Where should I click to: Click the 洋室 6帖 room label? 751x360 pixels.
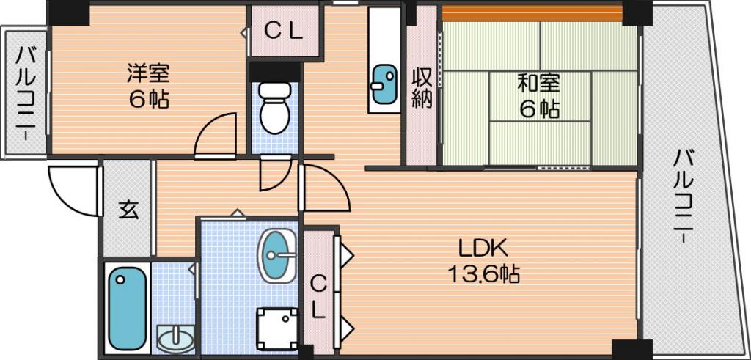coord(147,87)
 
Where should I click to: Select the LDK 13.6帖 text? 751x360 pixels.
coord(483,261)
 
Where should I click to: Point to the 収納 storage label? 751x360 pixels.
coord(422,87)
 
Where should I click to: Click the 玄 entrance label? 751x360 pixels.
coord(128,210)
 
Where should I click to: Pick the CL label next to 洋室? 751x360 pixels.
coord(284,32)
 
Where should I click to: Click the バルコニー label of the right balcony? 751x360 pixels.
coord(684,196)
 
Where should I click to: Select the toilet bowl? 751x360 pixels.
coord(274,108)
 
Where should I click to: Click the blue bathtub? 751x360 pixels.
coord(127,308)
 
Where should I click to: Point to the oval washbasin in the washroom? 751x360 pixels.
coord(276,256)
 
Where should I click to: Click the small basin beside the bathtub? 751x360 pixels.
coord(176,339)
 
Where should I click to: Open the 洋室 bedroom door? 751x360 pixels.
coord(216,135)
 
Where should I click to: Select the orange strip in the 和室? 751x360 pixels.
coord(532,13)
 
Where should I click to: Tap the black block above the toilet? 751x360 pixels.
coord(274,72)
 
